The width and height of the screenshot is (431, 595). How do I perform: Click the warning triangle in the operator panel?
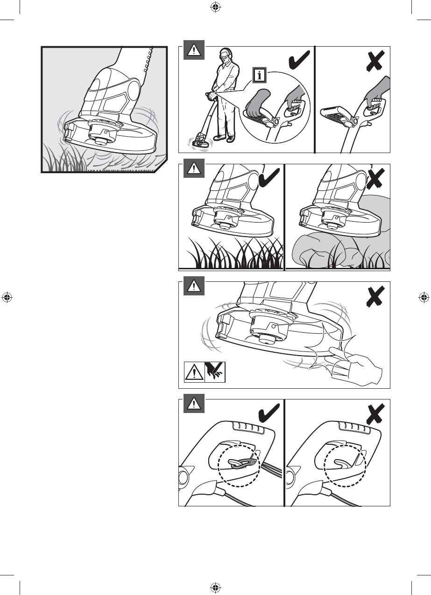click(193, 50)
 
